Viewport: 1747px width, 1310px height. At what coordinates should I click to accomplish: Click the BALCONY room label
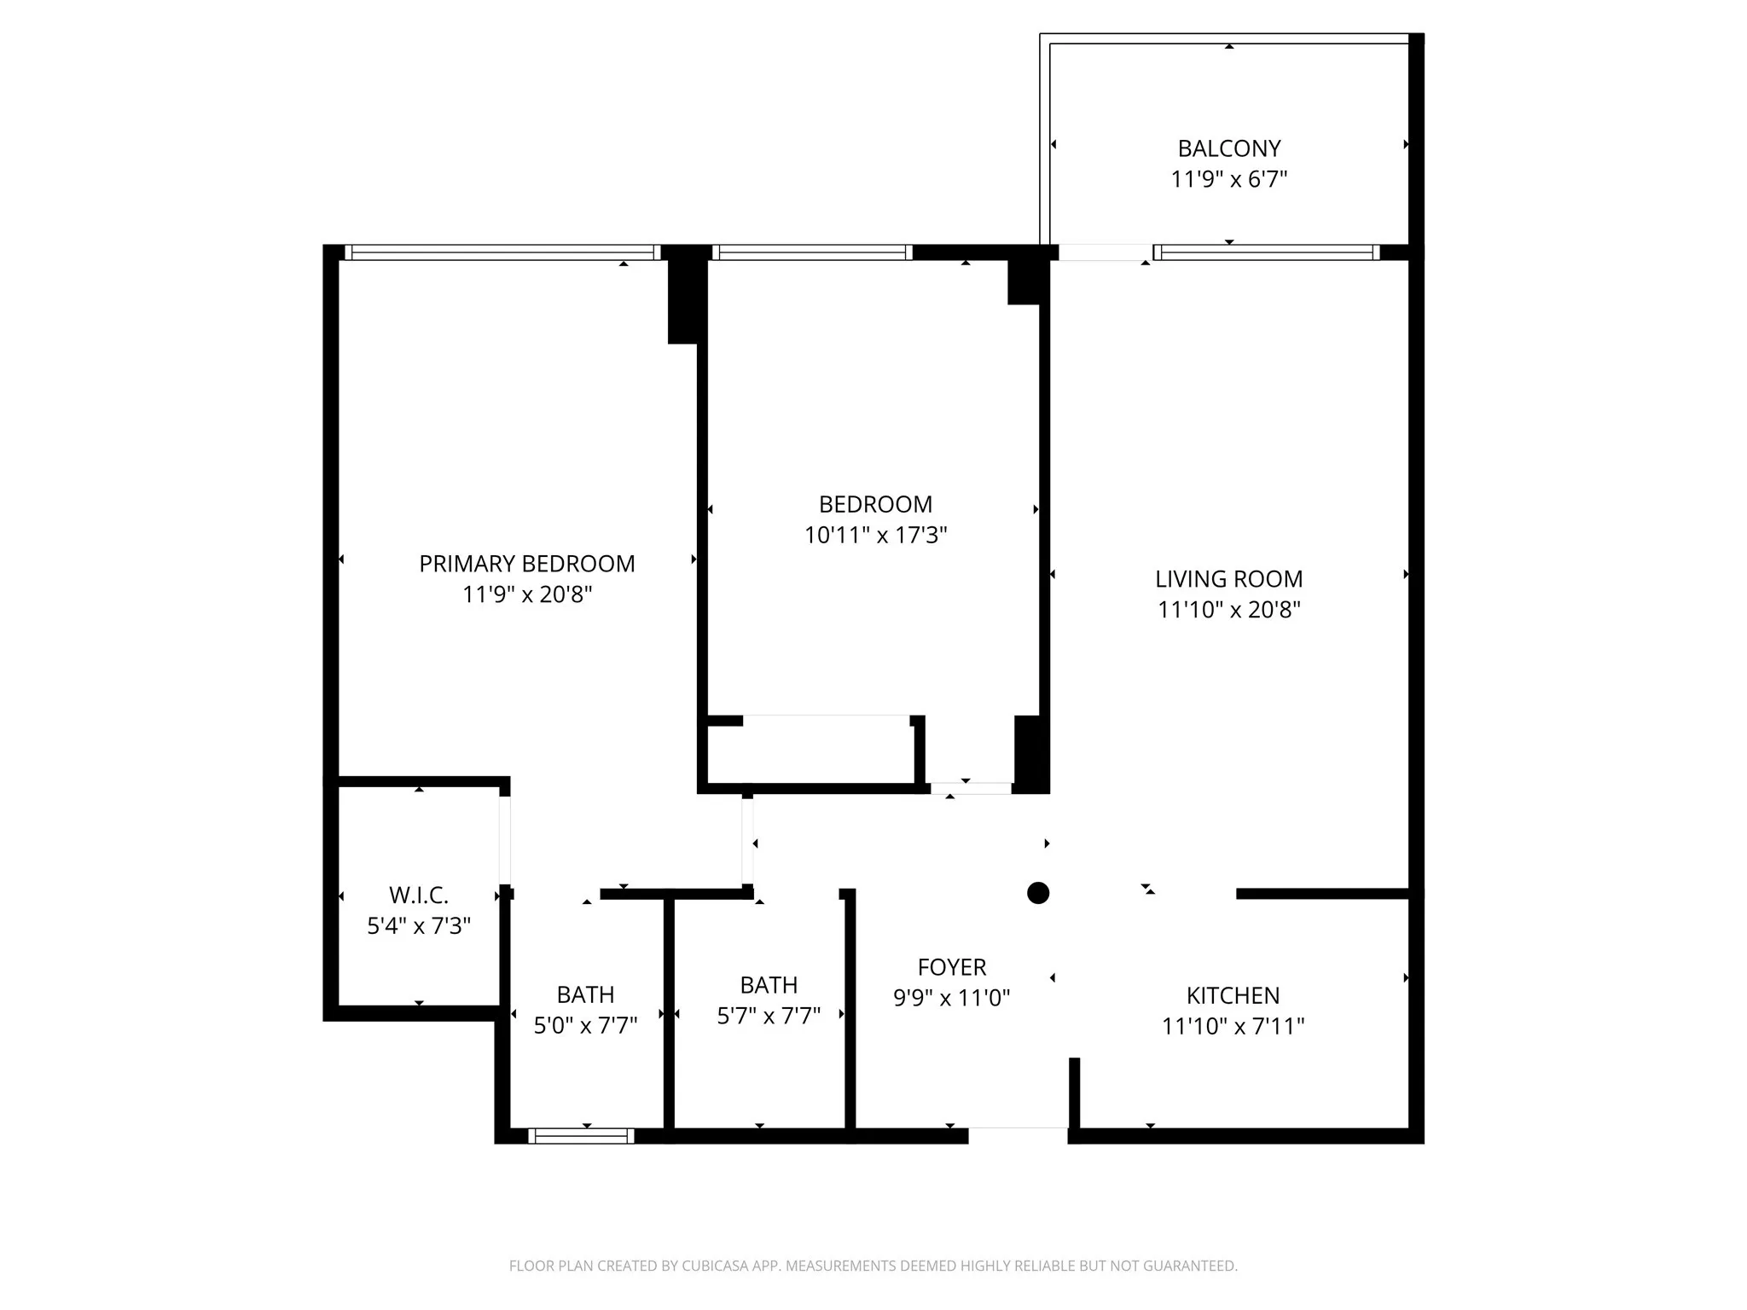(1228, 148)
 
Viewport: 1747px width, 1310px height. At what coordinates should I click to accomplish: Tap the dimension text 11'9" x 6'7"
(1228, 179)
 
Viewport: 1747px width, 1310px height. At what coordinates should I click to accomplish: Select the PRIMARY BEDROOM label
(526, 564)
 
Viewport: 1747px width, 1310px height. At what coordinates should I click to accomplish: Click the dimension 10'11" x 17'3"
(875, 535)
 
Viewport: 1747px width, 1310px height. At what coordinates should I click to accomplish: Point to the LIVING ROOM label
(1228, 579)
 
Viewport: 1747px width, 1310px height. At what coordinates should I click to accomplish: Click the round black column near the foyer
(1037, 893)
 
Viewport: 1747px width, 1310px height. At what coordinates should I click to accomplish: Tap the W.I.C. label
(418, 896)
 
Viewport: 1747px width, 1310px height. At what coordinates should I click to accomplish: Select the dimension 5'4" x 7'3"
(418, 925)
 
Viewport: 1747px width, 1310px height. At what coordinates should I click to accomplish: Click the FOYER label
(951, 967)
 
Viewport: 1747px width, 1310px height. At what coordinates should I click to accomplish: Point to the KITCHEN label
(1233, 995)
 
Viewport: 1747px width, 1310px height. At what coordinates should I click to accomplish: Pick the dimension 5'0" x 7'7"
(585, 1025)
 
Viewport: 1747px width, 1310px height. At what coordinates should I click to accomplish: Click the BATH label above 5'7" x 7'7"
(769, 985)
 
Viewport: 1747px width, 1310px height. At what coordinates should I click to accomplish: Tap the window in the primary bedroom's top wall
(502, 252)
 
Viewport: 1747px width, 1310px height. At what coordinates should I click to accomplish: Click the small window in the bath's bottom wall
(581, 1135)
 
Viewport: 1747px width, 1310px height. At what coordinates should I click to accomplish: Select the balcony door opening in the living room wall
(1106, 252)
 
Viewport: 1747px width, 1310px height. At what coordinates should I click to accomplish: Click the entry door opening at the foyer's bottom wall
(1018, 1134)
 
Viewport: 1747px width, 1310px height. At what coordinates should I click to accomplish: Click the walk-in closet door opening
(505, 840)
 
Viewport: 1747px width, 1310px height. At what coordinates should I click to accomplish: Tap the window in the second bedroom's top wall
(812, 252)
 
